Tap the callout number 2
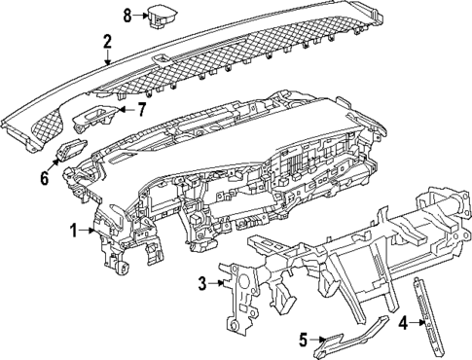[x=108, y=41]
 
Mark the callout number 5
[x=303, y=339]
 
